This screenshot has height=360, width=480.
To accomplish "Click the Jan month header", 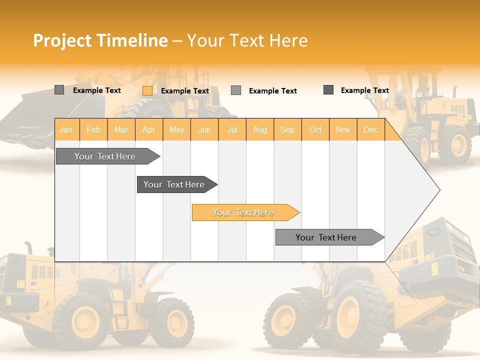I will (66, 129).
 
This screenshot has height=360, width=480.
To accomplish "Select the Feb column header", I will (93, 129).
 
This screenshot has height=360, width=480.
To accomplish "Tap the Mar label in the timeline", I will (121, 129).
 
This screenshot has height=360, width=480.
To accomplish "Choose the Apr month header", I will (148, 129).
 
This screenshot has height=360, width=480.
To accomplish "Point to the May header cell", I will (176, 129).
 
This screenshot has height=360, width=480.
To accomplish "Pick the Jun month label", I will (204, 129).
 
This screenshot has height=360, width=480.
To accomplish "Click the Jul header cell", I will (232, 129).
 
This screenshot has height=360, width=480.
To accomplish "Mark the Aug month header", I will (260, 129).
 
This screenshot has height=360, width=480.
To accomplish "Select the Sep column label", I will (287, 129).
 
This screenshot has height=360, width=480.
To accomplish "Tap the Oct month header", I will (315, 129).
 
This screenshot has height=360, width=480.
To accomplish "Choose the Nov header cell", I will (343, 129).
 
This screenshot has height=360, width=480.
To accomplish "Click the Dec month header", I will (370, 129).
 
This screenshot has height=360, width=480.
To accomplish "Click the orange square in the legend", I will (147, 90).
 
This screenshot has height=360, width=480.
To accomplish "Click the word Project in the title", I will (63, 40).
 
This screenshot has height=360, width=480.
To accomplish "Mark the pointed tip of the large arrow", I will (439, 189).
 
